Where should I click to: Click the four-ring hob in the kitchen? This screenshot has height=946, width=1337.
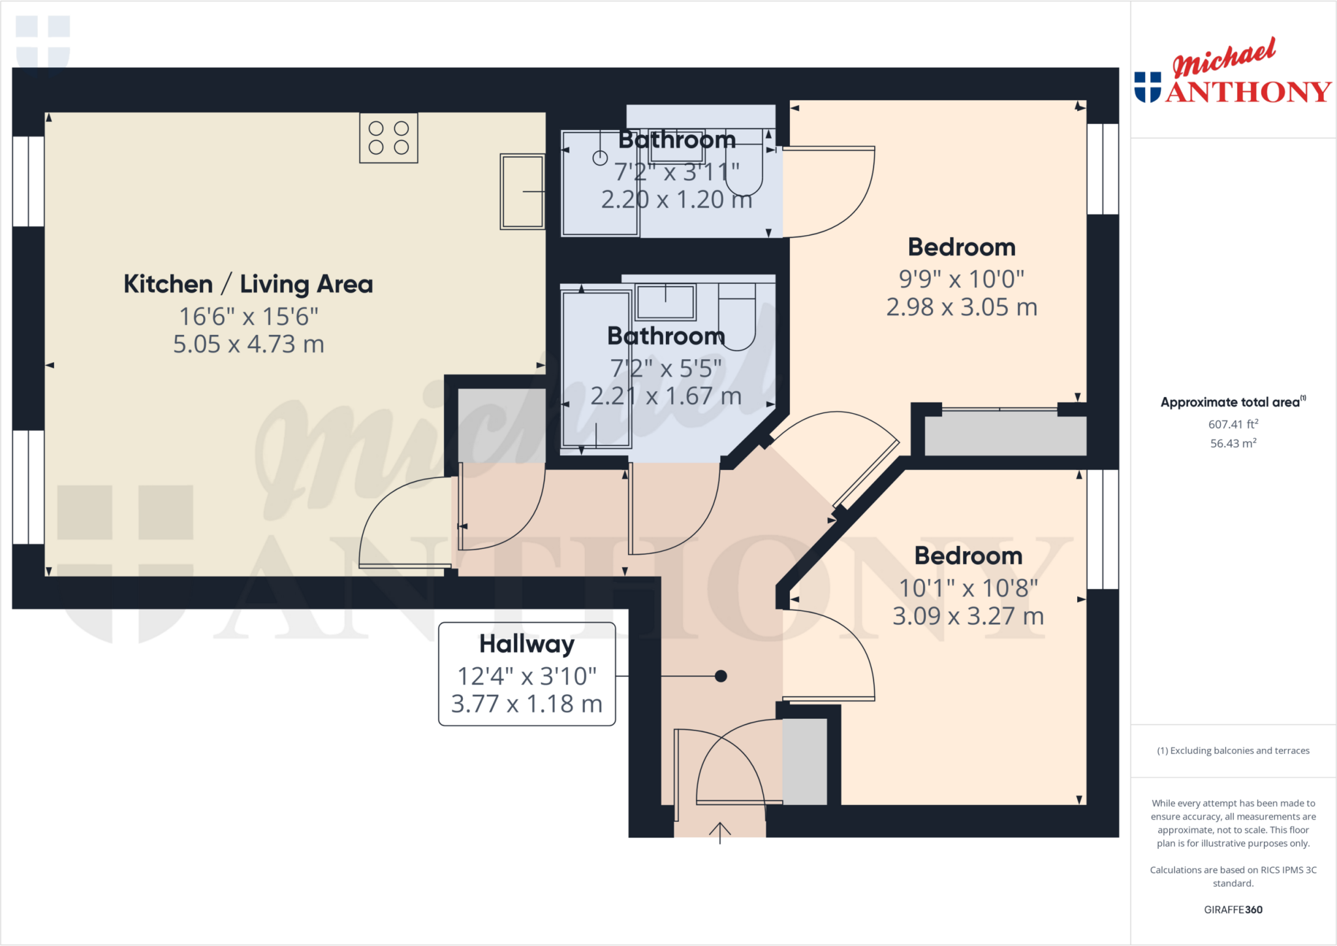click(388, 138)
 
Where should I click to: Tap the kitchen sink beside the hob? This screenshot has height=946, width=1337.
click(522, 191)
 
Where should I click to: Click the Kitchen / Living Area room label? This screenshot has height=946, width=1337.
click(248, 284)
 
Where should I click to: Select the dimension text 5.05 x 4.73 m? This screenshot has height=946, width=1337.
click(248, 344)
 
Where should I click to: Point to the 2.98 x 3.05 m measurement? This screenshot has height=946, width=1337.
click(962, 307)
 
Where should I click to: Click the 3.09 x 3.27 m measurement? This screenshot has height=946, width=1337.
click(968, 616)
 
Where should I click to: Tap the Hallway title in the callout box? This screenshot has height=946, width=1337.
click(527, 644)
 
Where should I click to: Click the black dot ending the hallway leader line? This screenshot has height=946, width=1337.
click(721, 676)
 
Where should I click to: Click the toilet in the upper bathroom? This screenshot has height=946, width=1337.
click(744, 166)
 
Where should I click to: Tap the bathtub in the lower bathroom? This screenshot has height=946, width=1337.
click(596, 370)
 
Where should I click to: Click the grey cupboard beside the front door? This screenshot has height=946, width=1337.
click(804, 761)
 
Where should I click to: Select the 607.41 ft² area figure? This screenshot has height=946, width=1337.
click(1233, 424)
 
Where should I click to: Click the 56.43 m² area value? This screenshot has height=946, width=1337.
click(1233, 443)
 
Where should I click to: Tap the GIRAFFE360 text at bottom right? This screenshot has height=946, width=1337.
click(1233, 909)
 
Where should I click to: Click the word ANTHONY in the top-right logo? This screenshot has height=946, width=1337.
click(1248, 92)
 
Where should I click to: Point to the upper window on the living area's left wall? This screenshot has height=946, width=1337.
click(29, 181)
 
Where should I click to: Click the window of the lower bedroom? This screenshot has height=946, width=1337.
click(1103, 529)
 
